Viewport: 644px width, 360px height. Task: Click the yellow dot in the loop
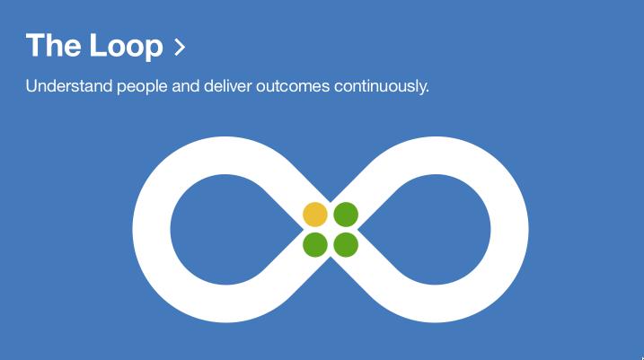coord(315,215)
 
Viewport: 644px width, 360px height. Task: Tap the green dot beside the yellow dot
coord(346,215)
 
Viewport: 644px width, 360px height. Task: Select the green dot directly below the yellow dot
coord(315,245)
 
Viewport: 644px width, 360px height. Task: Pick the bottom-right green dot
coord(346,245)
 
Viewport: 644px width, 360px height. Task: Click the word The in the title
coord(53,45)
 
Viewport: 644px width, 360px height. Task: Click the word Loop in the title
coord(127,47)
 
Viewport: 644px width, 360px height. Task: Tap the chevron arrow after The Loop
coord(180,47)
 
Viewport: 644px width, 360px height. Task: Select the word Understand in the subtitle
coord(69,86)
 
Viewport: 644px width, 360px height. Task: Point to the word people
coord(142,87)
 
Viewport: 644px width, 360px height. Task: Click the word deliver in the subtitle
coord(227,86)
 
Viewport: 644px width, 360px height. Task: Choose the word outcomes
coord(293,87)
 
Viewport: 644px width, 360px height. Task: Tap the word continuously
coord(380,87)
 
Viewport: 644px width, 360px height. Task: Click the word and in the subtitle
coord(185,86)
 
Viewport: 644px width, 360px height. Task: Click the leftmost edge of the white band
coord(133,230)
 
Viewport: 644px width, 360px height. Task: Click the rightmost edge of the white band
coord(529,230)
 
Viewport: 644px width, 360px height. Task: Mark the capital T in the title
coord(35,45)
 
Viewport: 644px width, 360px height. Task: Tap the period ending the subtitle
coord(428,92)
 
